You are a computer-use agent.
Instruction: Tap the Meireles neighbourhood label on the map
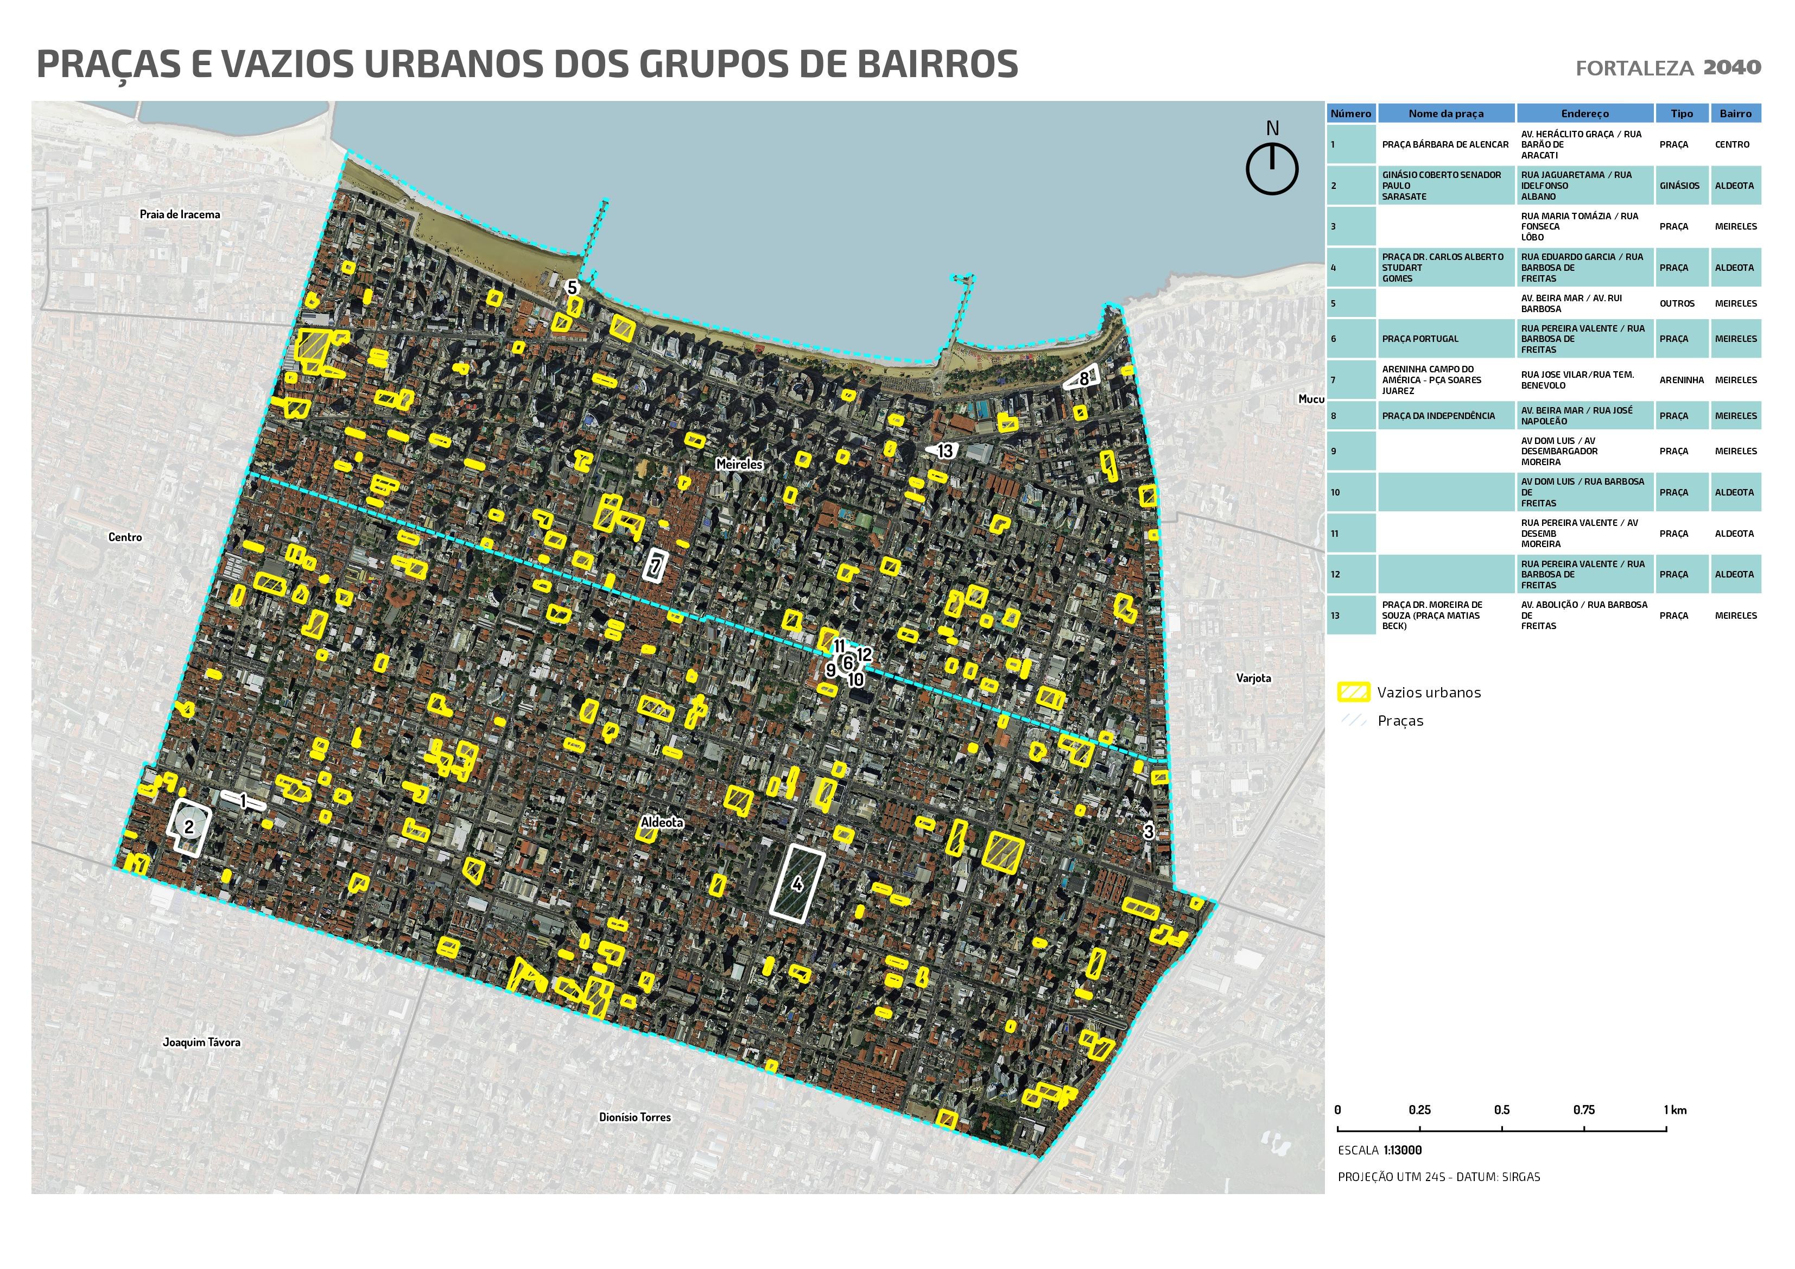click(739, 465)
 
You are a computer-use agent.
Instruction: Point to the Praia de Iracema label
click(180, 214)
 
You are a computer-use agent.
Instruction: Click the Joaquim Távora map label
click(202, 1042)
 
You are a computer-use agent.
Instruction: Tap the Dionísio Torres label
click(635, 1118)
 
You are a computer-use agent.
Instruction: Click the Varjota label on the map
click(1253, 678)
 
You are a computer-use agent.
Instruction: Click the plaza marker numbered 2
click(188, 826)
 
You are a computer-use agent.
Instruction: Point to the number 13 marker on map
click(945, 451)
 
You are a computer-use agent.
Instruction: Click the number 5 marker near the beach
click(572, 288)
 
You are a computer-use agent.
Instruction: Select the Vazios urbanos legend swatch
click(1354, 692)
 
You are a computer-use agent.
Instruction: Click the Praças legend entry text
click(1400, 721)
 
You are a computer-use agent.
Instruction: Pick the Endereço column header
click(1585, 113)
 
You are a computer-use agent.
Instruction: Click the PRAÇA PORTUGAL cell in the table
click(1420, 339)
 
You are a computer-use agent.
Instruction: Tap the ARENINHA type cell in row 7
click(1681, 380)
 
